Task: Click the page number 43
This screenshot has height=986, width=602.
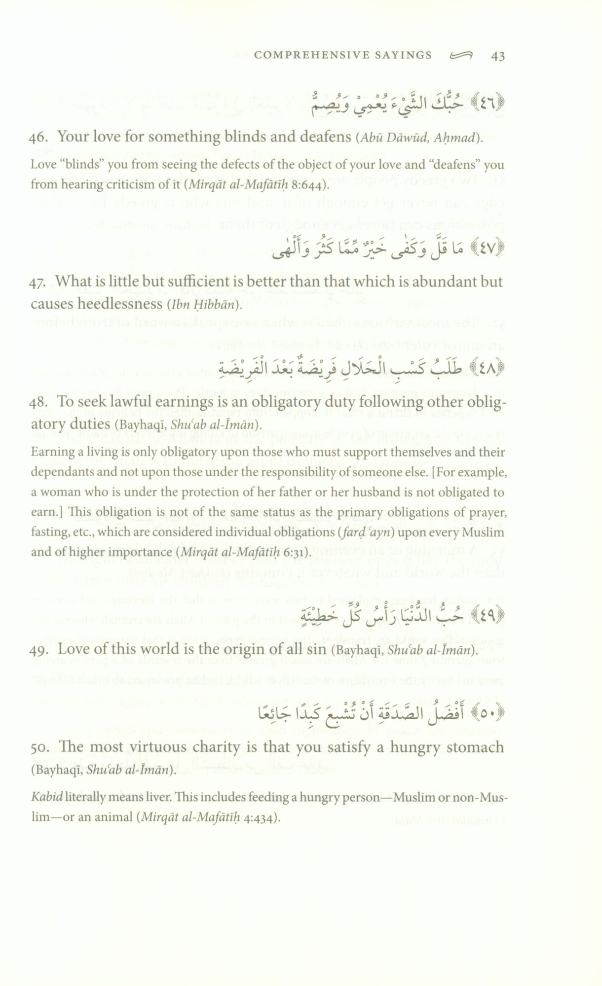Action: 498,56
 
